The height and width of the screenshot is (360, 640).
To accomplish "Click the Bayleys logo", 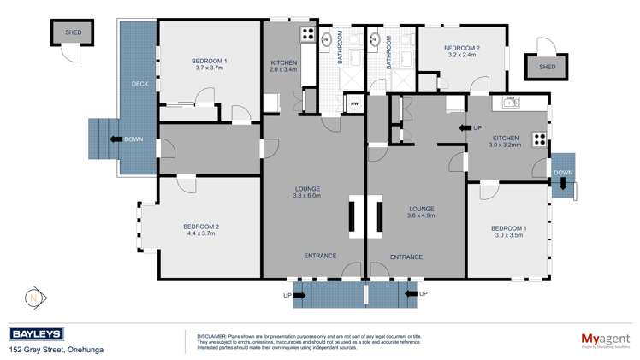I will pyautogui.click(x=36, y=334).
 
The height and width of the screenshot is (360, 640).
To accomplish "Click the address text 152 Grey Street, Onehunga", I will pyautogui.click(x=54, y=350).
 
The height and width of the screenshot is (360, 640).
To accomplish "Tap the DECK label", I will pyautogui.click(x=139, y=84).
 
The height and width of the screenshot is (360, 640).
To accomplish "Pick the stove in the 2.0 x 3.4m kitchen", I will pyautogui.click(x=307, y=35).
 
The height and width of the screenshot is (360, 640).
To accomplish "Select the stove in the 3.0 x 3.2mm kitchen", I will pyautogui.click(x=539, y=139).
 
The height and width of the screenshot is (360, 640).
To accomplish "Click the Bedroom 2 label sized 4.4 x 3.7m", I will pyautogui.click(x=201, y=227).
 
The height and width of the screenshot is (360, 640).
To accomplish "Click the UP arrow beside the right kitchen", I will pyautogui.click(x=470, y=127).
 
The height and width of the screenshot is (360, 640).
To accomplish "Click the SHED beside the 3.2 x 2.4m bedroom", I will pyautogui.click(x=546, y=67).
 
